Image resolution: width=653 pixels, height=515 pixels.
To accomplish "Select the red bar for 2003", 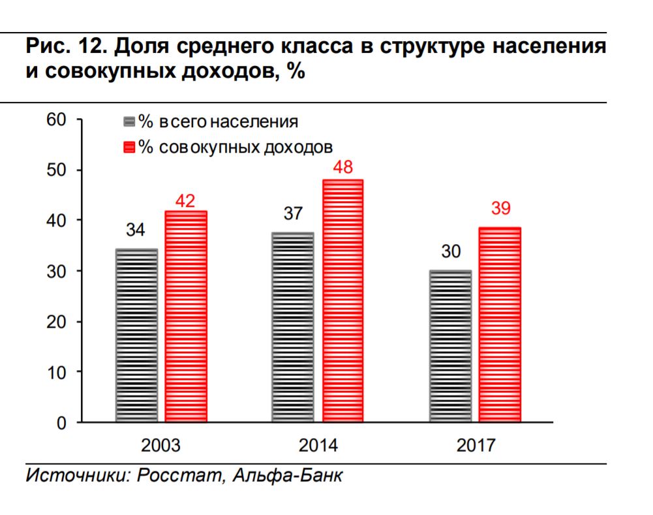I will (186, 316).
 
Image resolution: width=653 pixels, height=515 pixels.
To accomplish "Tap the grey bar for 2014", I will (292, 327).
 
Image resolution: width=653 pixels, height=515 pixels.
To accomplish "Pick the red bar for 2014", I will (342, 301).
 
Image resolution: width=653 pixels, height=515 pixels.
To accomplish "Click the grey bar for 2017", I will (450, 345).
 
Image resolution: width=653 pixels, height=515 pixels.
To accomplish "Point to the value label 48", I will (342, 167).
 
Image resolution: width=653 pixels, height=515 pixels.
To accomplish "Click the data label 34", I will (136, 231).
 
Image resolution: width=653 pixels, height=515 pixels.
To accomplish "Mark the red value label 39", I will (500, 209).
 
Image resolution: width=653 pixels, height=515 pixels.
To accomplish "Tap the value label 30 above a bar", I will (450, 251).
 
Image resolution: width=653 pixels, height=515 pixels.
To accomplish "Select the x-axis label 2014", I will (318, 446).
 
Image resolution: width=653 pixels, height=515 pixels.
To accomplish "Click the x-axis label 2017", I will (476, 446).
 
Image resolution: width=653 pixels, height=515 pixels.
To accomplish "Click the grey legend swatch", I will (129, 122).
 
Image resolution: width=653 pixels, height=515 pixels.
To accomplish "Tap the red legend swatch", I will (129, 147).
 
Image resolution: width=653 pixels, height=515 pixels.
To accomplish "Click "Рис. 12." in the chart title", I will (55, 48).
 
